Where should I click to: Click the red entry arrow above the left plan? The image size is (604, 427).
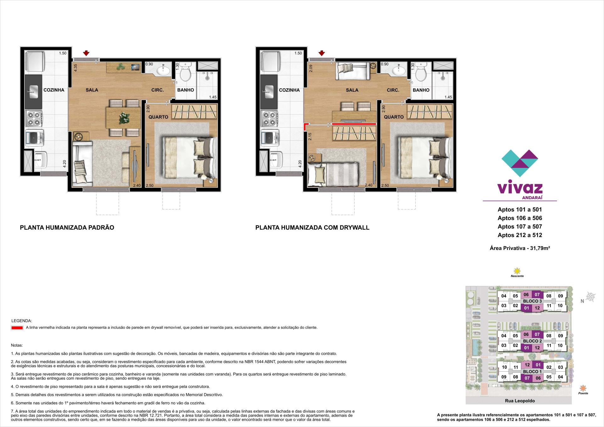tap(87, 53)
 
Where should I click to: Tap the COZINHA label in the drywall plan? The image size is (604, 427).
tap(289, 90)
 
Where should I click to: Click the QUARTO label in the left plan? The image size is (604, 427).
tap(158, 117)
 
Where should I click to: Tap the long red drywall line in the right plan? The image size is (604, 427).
tap(354, 124)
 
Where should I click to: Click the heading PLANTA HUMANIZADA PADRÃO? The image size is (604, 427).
tap(67, 228)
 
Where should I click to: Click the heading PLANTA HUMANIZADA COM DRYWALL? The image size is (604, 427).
tap(312, 228)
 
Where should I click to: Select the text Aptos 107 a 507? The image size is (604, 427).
tap(520, 226)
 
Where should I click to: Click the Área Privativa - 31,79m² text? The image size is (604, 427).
tap(520, 248)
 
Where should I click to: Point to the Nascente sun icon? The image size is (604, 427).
tap(517, 271)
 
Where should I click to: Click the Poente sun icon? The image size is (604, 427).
tap(583, 388)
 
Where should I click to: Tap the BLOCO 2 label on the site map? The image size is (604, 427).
tap(532, 341)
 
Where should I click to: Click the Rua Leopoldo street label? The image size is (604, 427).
tap(520, 401)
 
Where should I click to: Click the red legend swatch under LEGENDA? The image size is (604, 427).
tap(17, 328)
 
